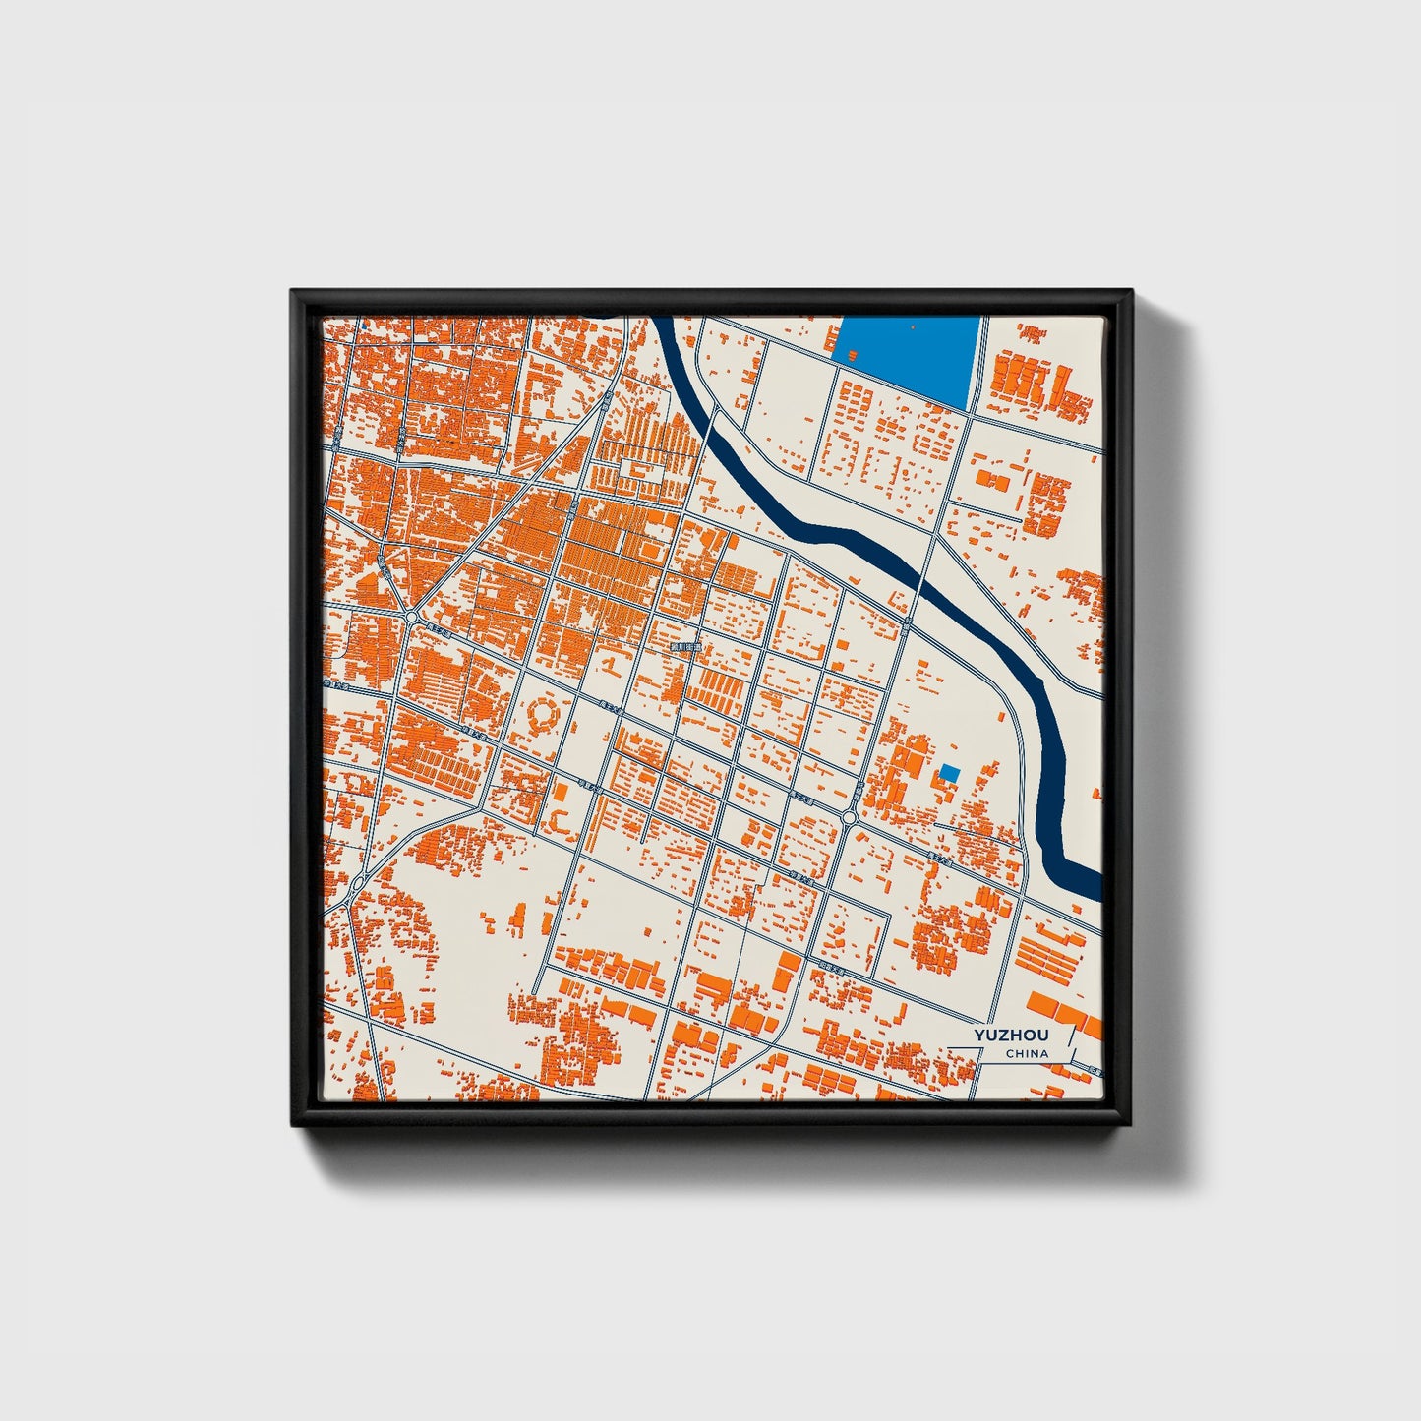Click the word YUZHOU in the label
(1011, 1036)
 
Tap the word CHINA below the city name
(1027, 1054)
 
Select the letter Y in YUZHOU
(979, 1036)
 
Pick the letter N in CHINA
(1035, 1054)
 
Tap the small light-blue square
(948, 772)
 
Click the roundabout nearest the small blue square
(849, 817)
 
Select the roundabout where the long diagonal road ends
(410, 617)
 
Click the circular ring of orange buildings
(544, 715)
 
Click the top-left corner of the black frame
(293, 291)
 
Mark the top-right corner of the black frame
(1130, 291)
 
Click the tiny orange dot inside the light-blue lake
(914, 326)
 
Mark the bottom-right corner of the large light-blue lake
(968, 408)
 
